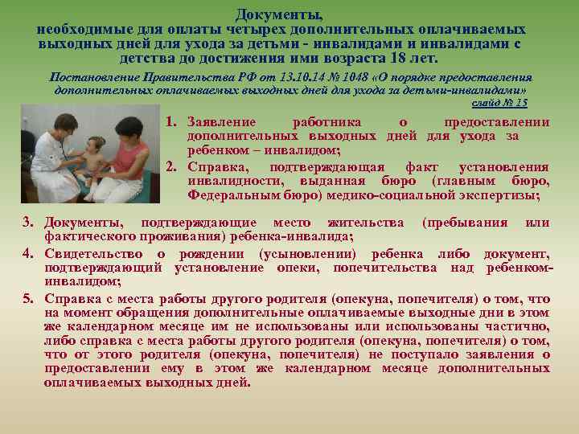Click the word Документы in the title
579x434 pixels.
point(280,14)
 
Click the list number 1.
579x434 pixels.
point(171,122)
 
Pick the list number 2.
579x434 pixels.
point(171,167)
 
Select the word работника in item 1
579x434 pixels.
point(326,122)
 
